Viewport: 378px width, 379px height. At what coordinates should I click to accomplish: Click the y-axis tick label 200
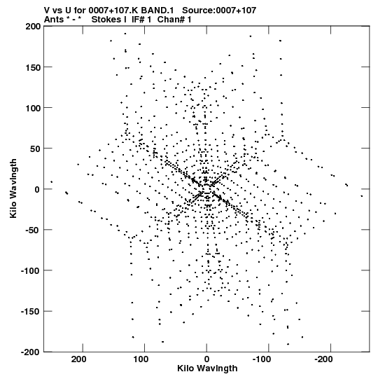tap(33, 27)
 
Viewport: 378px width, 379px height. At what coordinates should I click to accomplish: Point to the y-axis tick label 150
tap(33, 68)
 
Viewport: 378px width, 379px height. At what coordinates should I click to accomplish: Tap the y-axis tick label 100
tap(33, 109)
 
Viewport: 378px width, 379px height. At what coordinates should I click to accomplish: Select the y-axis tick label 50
tap(36, 149)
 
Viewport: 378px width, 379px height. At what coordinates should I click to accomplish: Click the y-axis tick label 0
tap(37, 190)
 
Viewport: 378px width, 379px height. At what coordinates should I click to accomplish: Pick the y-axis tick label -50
tap(33, 230)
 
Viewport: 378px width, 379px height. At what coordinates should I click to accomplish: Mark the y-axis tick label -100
tap(31, 271)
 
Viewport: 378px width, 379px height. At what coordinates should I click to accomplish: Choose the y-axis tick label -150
tap(31, 312)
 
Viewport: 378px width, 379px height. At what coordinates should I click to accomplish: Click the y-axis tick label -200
tap(31, 352)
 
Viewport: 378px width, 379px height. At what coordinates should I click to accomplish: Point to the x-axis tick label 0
tap(206, 359)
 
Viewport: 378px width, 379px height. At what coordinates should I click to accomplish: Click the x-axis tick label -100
tap(262, 359)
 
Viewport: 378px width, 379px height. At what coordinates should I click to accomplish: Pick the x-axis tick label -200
tap(323, 359)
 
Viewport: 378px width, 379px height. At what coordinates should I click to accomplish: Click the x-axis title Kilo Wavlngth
tap(207, 368)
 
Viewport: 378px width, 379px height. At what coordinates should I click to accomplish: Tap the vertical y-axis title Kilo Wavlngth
tap(13, 188)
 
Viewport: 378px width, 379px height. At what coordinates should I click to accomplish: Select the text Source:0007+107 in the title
tap(219, 11)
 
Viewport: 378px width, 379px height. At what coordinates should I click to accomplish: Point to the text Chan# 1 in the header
tap(174, 20)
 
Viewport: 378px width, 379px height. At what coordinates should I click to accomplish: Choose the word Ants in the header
tap(55, 20)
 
